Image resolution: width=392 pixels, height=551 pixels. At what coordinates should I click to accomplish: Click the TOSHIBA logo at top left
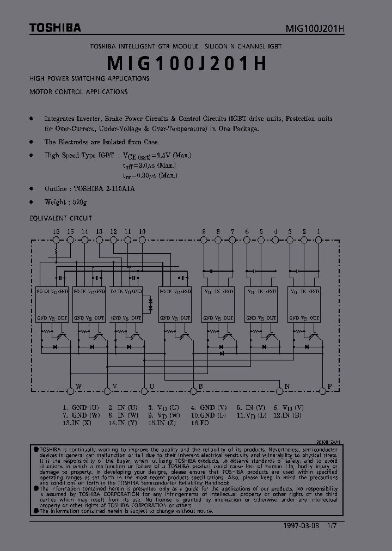(x=55, y=27)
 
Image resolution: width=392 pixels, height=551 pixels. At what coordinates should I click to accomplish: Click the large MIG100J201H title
(x=187, y=64)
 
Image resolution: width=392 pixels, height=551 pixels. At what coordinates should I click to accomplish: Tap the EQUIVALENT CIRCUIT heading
(x=60, y=218)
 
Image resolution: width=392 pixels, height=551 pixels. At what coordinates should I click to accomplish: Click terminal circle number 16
(x=56, y=240)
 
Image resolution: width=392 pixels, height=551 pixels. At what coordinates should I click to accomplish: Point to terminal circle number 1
(x=318, y=240)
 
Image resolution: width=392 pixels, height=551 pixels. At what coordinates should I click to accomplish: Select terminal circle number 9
(x=204, y=240)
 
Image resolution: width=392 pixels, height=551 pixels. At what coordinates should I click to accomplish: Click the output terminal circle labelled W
(x=70, y=390)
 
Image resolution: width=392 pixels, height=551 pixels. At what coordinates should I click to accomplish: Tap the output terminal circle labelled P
(x=322, y=390)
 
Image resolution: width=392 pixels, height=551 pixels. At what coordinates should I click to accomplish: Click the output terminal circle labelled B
(x=193, y=390)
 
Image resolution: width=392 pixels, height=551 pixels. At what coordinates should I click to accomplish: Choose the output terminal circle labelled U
(x=144, y=390)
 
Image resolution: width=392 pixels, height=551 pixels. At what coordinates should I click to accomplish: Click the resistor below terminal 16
(x=56, y=252)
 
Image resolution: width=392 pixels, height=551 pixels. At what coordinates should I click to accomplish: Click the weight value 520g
(x=79, y=202)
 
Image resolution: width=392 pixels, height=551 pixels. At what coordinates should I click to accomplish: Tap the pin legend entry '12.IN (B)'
(x=286, y=415)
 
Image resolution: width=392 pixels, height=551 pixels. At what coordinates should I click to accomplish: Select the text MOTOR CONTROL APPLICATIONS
(x=78, y=92)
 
